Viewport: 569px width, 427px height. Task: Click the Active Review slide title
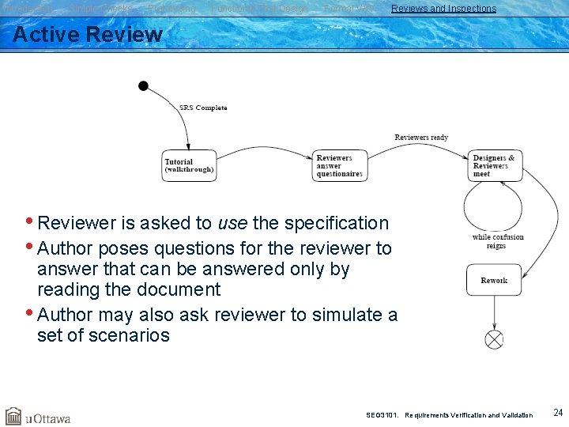tap(88, 35)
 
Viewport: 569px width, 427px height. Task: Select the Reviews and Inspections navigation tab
tap(443, 9)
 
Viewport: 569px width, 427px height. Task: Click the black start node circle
tap(143, 85)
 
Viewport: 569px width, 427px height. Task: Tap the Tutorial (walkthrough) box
tap(190, 165)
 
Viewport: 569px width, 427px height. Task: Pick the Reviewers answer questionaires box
tap(340, 165)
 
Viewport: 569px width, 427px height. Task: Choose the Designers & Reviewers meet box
tap(496, 165)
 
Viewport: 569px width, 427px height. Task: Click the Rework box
tap(494, 281)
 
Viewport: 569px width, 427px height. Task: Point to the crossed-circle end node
tap(494, 339)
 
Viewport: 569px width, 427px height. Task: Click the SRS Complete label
tap(203, 108)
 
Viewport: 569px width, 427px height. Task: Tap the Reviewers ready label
tap(421, 138)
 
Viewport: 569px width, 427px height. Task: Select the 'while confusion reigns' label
tap(498, 241)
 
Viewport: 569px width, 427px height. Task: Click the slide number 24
tap(558, 413)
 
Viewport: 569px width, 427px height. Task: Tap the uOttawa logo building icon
tap(13, 416)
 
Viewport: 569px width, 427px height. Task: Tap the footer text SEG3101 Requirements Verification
tap(449, 414)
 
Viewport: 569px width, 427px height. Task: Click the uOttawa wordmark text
tap(48, 418)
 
